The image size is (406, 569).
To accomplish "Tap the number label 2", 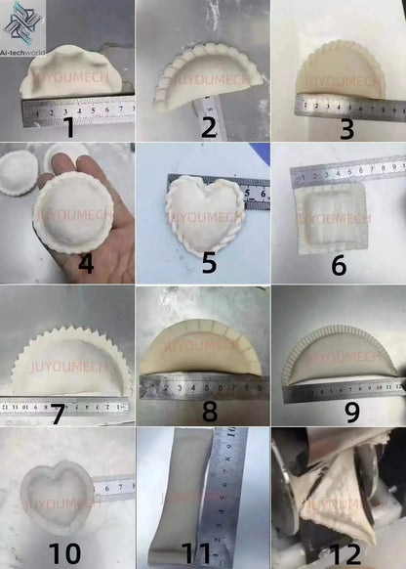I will click(x=209, y=126).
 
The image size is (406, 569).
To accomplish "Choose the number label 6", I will click(x=339, y=265).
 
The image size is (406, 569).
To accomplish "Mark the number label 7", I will click(x=58, y=414).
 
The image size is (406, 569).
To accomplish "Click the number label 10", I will click(x=64, y=553).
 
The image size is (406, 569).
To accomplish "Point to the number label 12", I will click(x=345, y=553).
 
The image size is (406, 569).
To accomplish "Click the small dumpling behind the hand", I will click(x=20, y=175).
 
